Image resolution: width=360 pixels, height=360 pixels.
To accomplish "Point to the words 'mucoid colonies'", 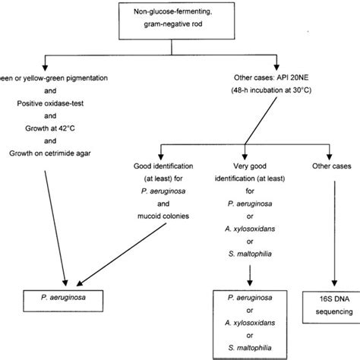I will coord(163,216).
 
